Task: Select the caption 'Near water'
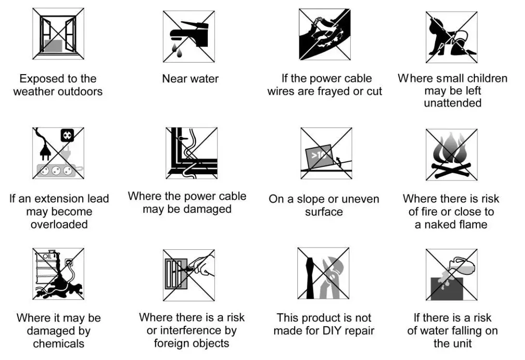coord(190,79)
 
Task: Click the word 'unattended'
coord(452,103)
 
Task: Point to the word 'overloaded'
coord(59,224)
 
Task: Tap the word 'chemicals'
coord(59,343)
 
